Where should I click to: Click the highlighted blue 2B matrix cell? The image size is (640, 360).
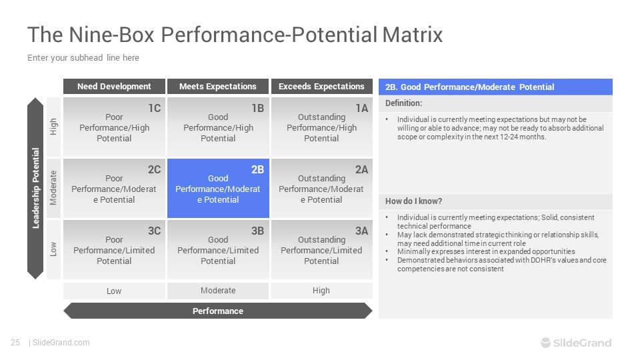pos(218,189)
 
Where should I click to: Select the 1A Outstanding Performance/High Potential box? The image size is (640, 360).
pos(321,127)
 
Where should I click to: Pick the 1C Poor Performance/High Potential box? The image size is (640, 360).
pos(114,127)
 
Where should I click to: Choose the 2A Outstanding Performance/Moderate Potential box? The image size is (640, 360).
pos(321,189)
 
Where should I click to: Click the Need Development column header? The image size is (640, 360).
pos(114,87)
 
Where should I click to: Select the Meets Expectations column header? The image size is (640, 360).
pos(218,87)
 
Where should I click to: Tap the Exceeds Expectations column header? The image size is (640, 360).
pos(321,87)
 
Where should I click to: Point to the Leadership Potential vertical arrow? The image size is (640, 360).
pos(35,189)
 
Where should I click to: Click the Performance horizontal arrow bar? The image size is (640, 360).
pos(218,311)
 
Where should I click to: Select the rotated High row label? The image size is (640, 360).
pos(53,127)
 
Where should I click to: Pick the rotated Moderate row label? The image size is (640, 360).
pos(53,189)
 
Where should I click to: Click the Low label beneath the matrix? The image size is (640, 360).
pos(114,291)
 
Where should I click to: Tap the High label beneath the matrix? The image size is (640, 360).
pos(321,291)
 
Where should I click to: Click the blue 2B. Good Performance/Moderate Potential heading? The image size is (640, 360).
pos(495,87)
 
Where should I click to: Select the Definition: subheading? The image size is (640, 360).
pos(404,103)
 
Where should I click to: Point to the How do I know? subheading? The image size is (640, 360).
pos(413,201)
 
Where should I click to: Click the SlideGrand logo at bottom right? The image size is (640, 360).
pos(576,343)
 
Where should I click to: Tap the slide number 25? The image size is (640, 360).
pos(15,343)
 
